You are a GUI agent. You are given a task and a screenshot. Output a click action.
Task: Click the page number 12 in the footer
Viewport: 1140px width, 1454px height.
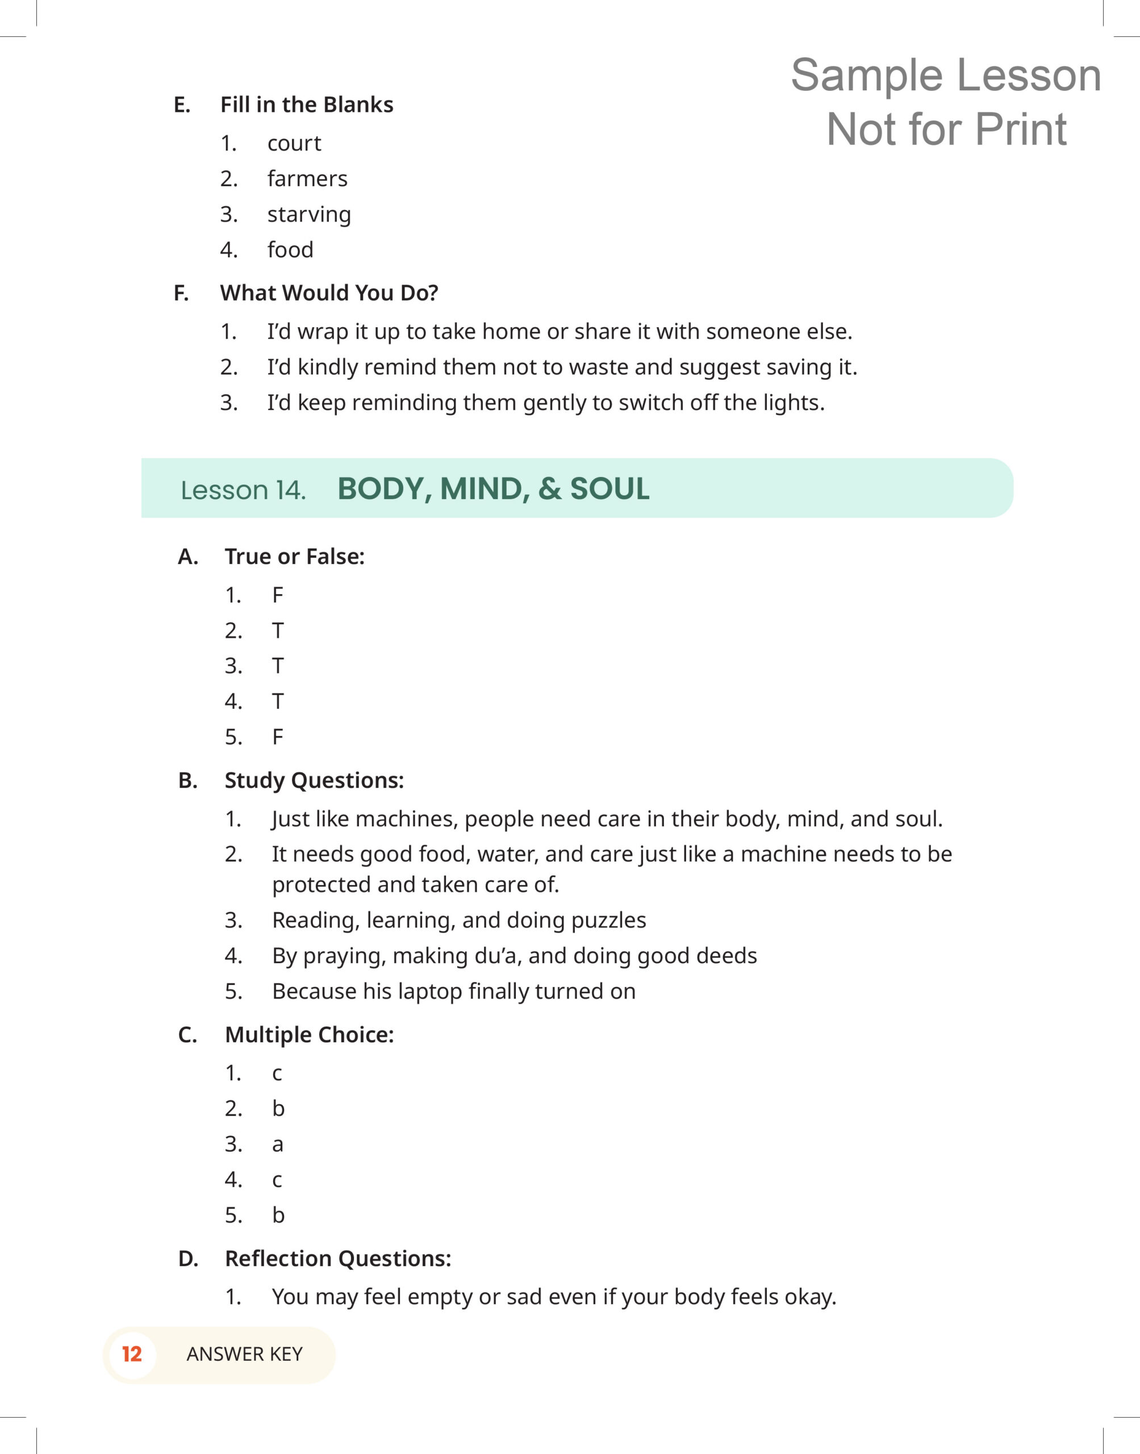(x=131, y=1354)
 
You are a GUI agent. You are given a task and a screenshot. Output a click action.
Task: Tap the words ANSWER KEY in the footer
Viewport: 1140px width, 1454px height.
(x=244, y=1354)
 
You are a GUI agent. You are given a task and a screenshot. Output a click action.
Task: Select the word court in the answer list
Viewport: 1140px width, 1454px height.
(x=294, y=144)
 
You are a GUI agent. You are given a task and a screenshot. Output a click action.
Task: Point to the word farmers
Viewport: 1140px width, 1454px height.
(x=307, y=179)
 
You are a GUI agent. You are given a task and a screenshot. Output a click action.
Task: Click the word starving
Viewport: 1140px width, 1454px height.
(x=309, y=214)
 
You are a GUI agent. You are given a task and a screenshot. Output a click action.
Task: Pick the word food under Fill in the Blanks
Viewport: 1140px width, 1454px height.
(x=290, y=249)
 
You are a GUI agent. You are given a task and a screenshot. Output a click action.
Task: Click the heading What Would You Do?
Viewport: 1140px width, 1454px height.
(x=329, y=293)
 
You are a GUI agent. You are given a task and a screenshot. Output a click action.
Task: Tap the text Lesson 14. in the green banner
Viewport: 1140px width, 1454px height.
(x=243, y=491)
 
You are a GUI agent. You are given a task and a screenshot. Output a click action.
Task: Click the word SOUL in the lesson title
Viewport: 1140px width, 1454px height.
(x=609, y=489)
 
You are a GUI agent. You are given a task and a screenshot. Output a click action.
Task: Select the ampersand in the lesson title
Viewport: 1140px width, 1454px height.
(x=549, y=489)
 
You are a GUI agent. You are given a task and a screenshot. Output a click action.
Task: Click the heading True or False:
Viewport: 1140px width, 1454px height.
(x=294, y=557)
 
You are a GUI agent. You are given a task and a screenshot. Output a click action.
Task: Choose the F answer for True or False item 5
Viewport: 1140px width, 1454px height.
(x=278, y=737)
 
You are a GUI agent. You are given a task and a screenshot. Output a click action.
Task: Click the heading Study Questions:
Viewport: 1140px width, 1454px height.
(x=314, y=780)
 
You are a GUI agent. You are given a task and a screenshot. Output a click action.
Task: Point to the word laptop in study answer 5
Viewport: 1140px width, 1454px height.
(x=430, y=992)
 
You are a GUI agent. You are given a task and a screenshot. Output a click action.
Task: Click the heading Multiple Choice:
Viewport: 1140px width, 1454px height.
(x=309, y=1034)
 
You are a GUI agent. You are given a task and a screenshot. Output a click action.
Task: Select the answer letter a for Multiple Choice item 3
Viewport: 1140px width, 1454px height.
(x=278, y=1145)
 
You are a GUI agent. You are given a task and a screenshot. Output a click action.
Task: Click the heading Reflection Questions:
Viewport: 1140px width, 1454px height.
(x=338, y=1259)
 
